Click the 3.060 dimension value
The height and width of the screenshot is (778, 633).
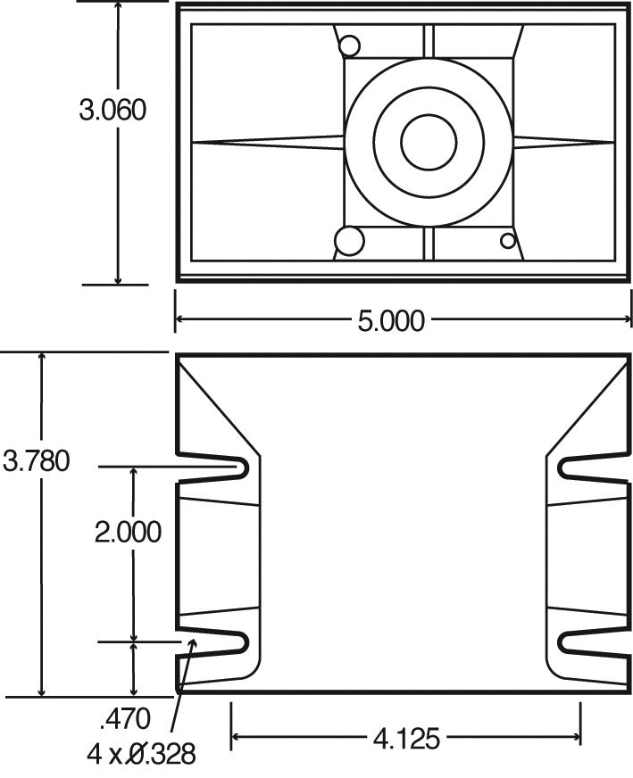click(112, 110)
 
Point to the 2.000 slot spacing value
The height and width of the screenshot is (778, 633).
click(129, 532)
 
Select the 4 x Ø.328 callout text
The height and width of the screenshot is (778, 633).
click(141, 755)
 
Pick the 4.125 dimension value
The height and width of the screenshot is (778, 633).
click(405, 739)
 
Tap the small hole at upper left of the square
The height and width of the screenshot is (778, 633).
click(349, 45)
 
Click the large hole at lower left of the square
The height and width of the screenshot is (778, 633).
click(348, 240)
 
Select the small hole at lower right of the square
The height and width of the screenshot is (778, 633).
click(508, 240)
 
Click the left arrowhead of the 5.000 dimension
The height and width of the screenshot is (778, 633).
click(179, 319)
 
